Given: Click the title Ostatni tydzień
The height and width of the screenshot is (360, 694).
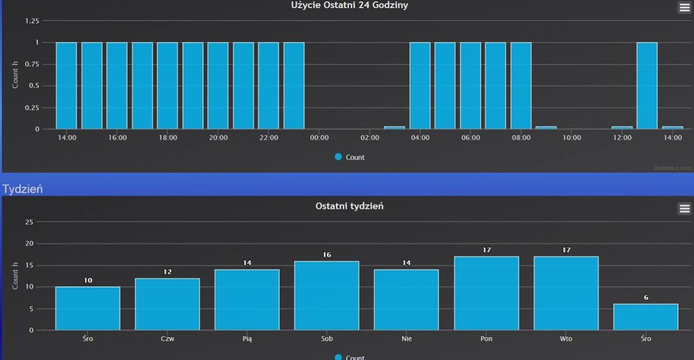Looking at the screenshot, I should coord(349,206).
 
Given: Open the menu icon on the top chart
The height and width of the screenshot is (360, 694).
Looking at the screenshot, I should coord(684,8).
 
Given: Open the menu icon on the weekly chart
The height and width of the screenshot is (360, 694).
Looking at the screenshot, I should coord(684,208).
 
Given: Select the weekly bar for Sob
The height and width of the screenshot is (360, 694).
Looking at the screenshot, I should coord(326,295).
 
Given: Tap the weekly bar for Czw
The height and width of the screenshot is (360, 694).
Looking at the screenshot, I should coord(167,304).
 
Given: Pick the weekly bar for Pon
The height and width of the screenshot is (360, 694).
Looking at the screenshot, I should coord(486,293).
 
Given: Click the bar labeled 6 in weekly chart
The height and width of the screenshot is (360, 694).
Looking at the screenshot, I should coord(645,317).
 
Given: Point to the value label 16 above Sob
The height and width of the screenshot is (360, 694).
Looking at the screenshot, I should coord(327,255).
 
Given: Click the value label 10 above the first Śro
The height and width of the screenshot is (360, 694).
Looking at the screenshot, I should coord(87,280).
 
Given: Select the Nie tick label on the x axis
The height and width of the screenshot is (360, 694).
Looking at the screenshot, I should coord(406,339).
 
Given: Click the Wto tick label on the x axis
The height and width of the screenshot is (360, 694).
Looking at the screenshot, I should coord(566,339).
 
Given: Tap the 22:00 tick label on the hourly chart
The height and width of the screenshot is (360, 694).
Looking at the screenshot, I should coord(269,138).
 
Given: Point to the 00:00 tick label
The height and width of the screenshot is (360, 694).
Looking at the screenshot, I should coord(319,138).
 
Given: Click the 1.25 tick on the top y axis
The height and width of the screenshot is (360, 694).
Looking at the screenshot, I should coord(32,21).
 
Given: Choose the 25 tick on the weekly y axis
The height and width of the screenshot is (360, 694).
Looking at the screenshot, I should coord(28,222).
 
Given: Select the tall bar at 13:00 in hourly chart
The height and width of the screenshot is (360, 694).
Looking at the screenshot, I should coord(647,85).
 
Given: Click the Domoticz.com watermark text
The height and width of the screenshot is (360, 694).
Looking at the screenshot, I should coord(672,168).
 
